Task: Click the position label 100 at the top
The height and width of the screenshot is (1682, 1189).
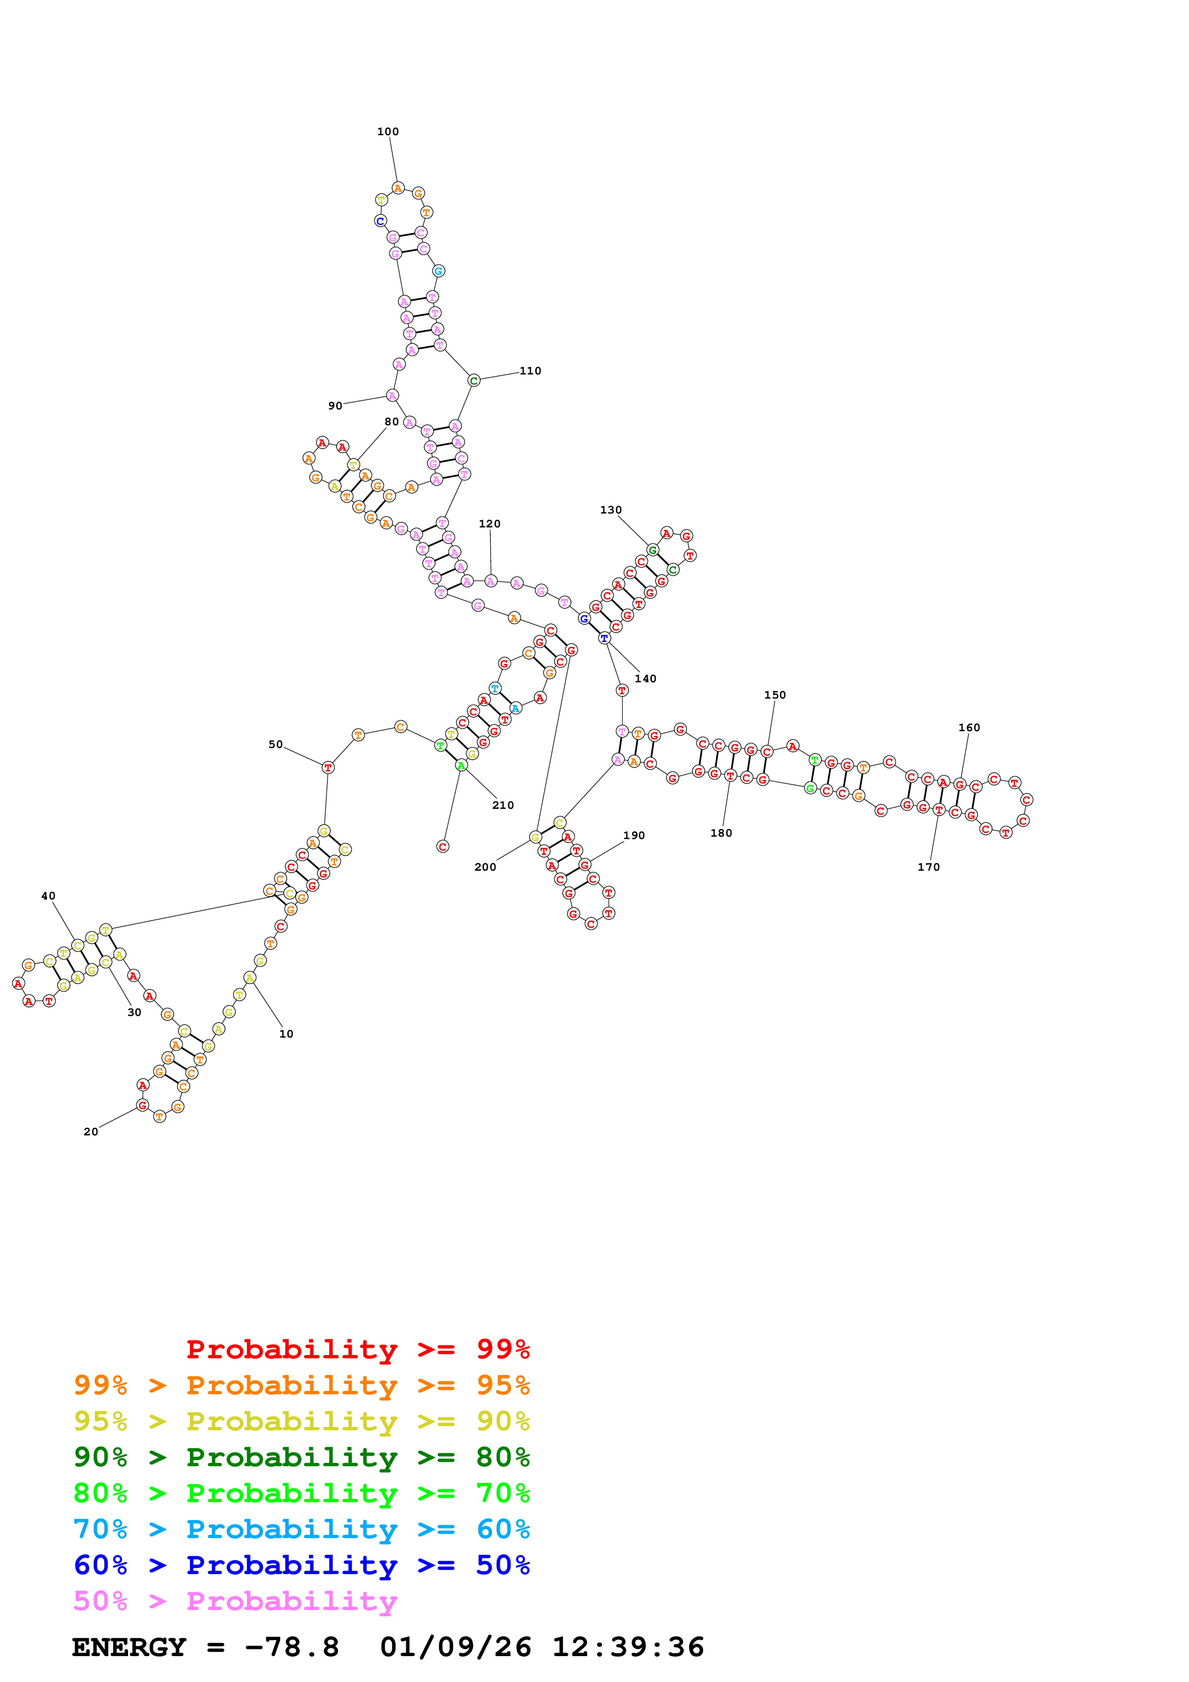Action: (x=388, y=132)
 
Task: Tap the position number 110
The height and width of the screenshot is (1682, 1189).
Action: (x=530, y=371)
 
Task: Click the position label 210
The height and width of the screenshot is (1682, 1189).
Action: (x=503, y=805)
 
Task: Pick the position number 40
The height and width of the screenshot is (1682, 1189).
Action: (x=48, y=896)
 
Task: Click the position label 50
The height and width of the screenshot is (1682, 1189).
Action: (x=275, y=744)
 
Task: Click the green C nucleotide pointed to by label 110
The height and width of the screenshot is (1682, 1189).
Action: (x=473, y=380)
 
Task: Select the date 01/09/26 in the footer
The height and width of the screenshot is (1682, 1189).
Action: (x=455, y=1647)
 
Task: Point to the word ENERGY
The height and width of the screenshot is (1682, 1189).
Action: (x=129, y=1647)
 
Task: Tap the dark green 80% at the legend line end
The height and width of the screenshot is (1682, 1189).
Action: (x=503, y=1457)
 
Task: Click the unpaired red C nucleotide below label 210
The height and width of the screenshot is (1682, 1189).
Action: (x=443, y=846)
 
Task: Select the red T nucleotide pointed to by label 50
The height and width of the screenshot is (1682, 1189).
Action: (x=328, y=767)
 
